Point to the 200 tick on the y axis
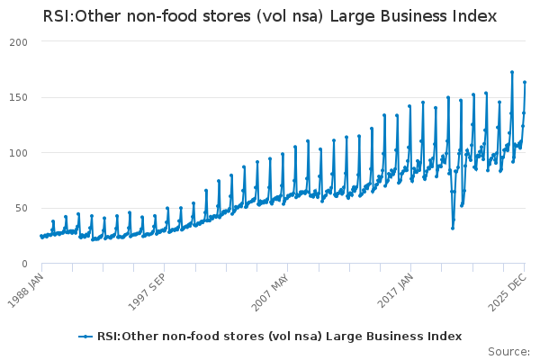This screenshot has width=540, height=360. point(18,42)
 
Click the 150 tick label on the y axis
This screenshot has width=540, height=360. point(18,97)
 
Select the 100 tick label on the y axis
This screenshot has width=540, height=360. point(18,153)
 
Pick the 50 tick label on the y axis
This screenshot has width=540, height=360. point(22,208)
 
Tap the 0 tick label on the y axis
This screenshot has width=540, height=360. point(25,264)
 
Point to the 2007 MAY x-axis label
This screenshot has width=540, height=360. point(272,285)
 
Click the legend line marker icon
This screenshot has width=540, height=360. point(85,337)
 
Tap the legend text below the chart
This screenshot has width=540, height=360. point(279,337)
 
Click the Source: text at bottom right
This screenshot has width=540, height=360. point(508,351)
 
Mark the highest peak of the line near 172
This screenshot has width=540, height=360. point(512,72)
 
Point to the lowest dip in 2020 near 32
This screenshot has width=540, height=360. point(453,228)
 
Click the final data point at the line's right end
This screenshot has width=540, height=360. point(525,82)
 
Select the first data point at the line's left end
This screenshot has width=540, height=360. point(40,236)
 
